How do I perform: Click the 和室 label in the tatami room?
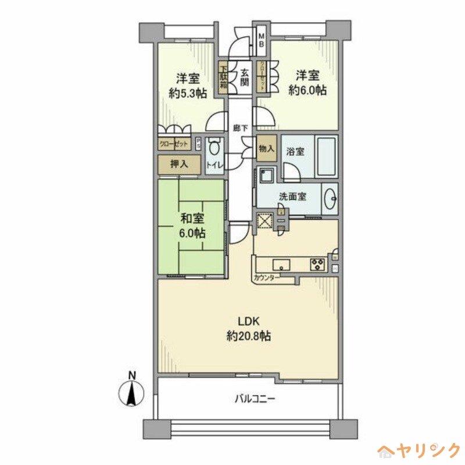point(191,219)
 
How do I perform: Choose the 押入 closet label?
point(179,164)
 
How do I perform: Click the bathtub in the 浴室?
point(325,158)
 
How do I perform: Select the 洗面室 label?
point(292,196)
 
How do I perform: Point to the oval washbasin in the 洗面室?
point(331,198)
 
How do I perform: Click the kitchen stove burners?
point(317,263)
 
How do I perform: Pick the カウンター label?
point(267,278)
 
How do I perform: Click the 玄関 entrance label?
point(245,78)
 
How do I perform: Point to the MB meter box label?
point(262,40)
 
